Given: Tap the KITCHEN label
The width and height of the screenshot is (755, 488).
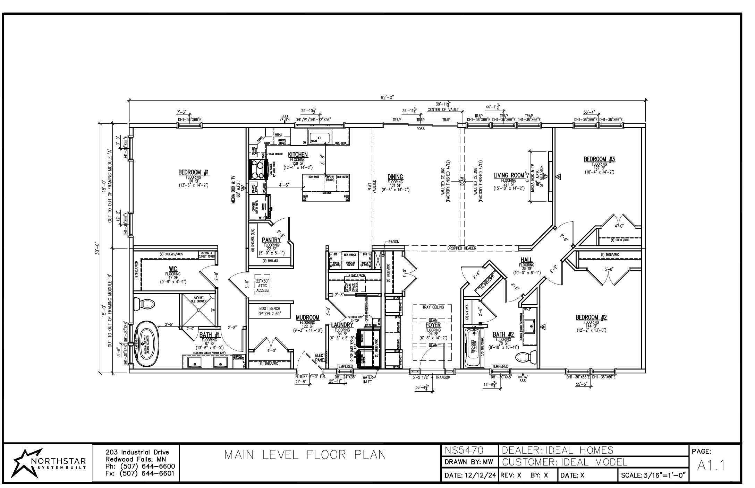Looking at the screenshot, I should [298, 154].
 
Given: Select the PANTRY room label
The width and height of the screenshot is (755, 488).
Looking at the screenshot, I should [271, 240].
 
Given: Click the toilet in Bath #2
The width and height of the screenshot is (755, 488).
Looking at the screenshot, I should [525, 357].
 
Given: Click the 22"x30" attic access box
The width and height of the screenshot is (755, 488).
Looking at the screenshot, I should [263, 285].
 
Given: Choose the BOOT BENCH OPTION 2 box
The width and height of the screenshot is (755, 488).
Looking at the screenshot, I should [270, 311].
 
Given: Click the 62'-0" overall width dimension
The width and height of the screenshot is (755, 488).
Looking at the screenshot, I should [388, 98].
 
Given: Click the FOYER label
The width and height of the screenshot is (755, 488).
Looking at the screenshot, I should [433, 325].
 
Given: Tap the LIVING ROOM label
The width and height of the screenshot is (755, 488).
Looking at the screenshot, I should [509, 176].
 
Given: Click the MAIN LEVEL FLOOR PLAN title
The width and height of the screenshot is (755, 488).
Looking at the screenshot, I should [305, 454].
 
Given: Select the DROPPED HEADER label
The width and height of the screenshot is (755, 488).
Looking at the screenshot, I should [461, 248].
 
